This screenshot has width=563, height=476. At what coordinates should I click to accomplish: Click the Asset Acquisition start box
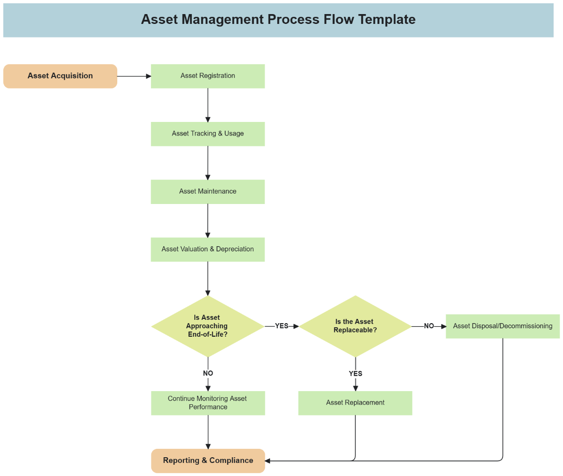(x=60, y=76)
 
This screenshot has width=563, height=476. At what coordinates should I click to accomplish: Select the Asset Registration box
(x=207, y=76)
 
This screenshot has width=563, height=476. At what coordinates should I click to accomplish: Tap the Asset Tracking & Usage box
(x=207, y=134)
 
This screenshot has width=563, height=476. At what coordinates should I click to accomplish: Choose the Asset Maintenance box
(x=207, y=191)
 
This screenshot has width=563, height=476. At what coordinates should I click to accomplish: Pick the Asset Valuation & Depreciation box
(x=207, y=249)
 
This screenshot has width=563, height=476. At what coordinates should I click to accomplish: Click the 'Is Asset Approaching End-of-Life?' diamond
(x=207, y=326)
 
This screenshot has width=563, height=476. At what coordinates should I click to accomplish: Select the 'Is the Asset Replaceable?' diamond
(x=355, y=326)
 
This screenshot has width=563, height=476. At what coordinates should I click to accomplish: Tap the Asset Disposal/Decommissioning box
(x=502, y=326)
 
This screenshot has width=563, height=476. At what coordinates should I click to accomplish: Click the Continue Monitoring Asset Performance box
(x=208, y=403)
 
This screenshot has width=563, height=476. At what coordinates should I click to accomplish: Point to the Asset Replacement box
(x=355, y=403)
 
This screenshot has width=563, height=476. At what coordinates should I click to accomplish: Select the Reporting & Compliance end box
(x=208, y=461)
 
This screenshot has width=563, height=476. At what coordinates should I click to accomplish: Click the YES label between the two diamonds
(x=281, y=326)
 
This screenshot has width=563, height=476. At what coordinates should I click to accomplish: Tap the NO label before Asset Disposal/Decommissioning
(x=429, y=326)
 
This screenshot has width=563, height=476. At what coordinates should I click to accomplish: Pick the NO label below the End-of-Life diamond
(x=208, y=373)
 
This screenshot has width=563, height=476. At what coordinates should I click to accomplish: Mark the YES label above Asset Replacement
(x=355, y=374)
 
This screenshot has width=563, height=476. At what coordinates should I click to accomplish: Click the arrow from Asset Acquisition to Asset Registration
(x=134, y=76)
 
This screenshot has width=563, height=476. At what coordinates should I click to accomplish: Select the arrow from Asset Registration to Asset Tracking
(x=208, y=105)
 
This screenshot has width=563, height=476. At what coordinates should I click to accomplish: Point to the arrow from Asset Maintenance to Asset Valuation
(x=208, y=220)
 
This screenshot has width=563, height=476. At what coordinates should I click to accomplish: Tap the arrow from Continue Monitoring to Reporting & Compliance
(x=208, y=432)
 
